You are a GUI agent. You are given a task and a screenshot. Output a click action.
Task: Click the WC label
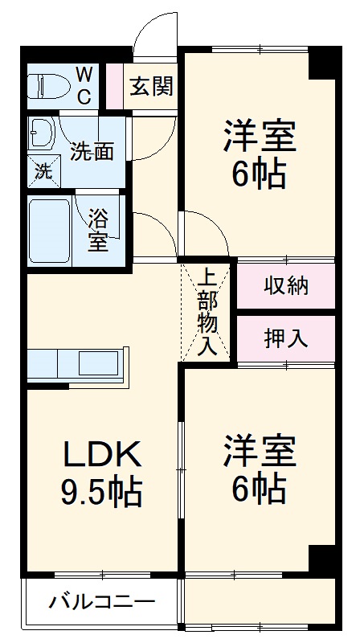(84, 84)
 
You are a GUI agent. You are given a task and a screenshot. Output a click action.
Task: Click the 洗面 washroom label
(91, 150)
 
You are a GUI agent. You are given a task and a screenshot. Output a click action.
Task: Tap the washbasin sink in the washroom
(41, 130)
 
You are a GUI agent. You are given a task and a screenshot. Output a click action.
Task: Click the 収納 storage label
(285, 285)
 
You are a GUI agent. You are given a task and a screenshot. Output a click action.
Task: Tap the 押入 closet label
(285, 338)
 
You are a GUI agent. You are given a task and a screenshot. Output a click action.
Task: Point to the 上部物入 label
(207, 313)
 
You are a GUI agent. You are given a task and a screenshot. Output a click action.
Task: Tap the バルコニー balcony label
(100, 602)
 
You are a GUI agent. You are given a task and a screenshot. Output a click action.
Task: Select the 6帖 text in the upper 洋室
(259, 173)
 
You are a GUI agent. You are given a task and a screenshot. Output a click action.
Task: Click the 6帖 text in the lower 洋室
(259, 486)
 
